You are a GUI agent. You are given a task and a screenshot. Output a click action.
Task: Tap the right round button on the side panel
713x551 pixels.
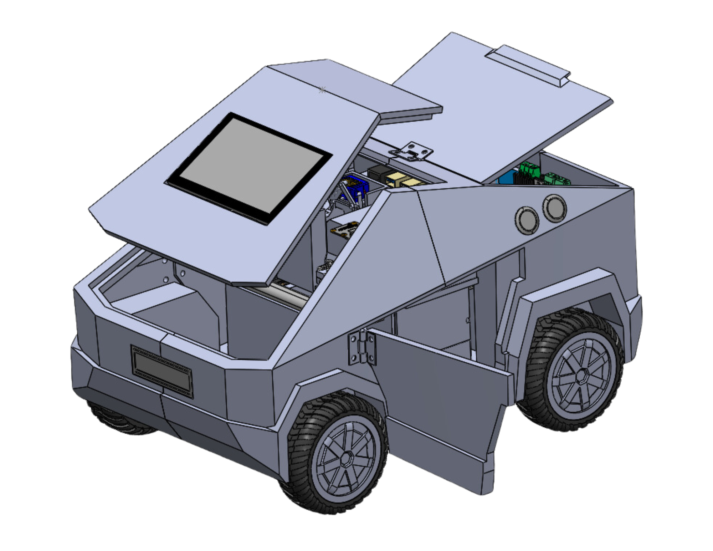(x=555, y=208)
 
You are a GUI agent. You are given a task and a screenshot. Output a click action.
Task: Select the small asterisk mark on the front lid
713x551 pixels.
(x=322, y=90)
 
